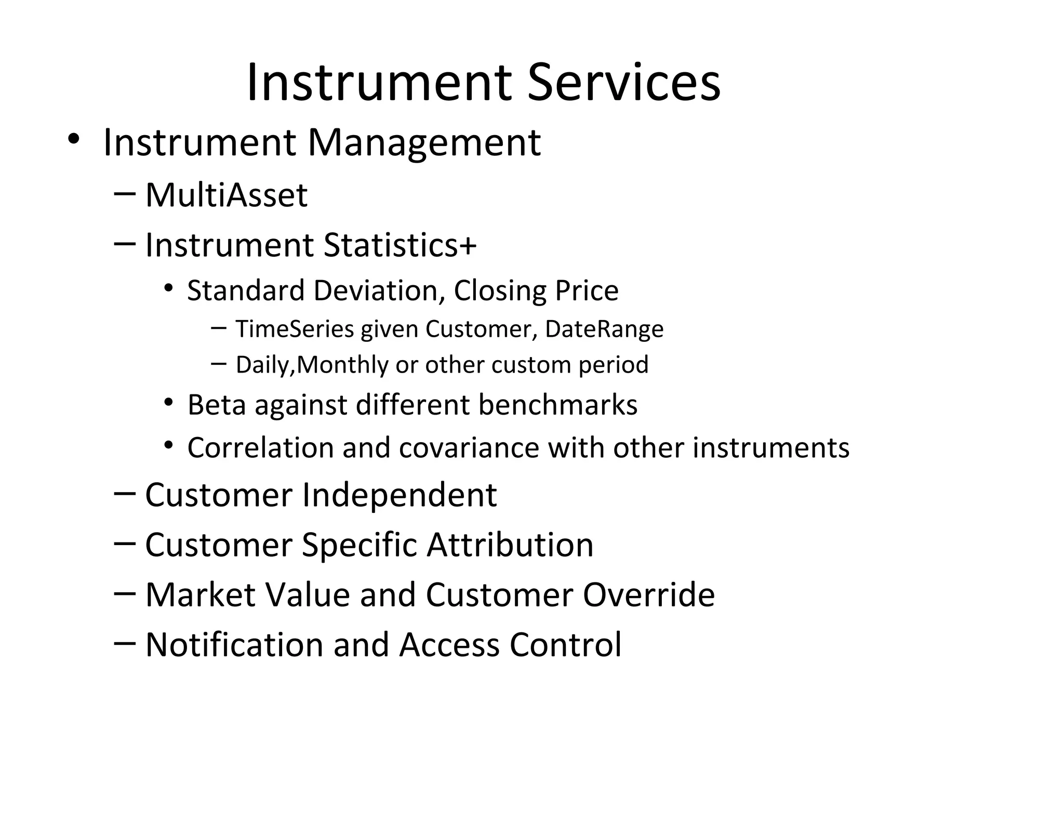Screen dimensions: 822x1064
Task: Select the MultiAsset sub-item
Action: coord(226,195)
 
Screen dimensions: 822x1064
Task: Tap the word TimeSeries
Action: coord(295,329)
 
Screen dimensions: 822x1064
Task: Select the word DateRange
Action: coord(604,329)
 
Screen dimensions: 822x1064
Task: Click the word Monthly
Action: coord(343,364)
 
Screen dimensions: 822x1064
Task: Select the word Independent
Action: coord(399,495)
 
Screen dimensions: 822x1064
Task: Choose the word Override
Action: coord(648,594)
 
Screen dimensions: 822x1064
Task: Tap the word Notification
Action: coord(235,644)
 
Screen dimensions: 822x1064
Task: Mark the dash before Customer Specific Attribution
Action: coord(124,542)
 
